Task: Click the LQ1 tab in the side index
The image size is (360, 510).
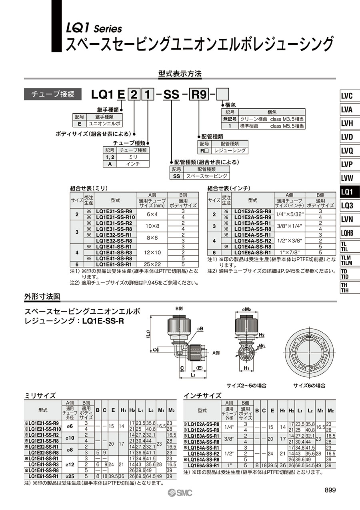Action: (x=349, y=192)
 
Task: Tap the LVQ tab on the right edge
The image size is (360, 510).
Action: (x=349, y=151)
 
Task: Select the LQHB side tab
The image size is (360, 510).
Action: (x=349, y=233)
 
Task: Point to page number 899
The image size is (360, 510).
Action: (x=330, y=490)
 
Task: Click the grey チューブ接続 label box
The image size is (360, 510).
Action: (x=52, y=94)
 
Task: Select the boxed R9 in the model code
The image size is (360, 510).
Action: (x=199, y=94)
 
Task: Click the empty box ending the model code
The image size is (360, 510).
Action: (x=222, y=94)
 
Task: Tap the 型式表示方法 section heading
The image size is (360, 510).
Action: (x=180, y=74)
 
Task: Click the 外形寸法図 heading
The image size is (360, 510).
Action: (x=42, y=296)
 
